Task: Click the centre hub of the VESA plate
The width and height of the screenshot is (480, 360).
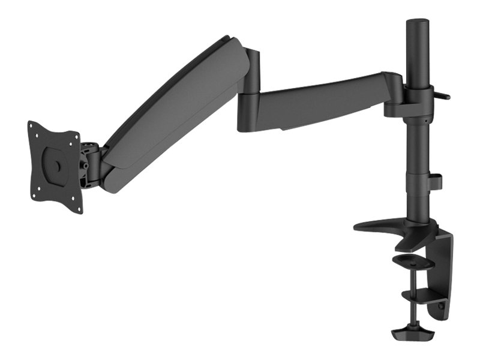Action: click(x=56, y=163)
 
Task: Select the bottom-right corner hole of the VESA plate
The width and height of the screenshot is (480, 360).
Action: click(x=78, y=208)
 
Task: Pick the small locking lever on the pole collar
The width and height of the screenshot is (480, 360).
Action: click(x=443, y=94)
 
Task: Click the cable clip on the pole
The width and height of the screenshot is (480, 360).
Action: click(x=436, y=181)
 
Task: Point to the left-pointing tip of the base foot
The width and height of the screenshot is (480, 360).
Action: click(x=358, y=227)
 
